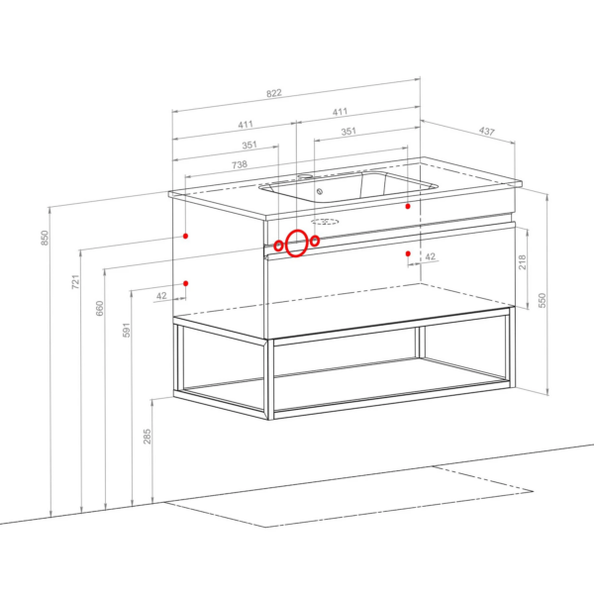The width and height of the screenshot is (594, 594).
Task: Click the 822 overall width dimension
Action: (274, 93)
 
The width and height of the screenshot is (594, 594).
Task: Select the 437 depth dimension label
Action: (487, 131)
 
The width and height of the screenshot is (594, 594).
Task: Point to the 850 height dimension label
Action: (45, 238)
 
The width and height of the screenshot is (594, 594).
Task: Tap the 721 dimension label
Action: (76, 282)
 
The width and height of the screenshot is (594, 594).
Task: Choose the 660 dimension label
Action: (99, 308)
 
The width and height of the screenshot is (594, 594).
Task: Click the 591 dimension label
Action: (127, 330)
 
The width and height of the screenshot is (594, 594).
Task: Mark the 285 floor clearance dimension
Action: (147, 437)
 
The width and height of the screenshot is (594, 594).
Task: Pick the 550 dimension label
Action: (543, 300)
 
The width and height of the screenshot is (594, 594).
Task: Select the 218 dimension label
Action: (522, 262)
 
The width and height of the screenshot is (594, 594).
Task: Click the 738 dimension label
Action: (240, 164)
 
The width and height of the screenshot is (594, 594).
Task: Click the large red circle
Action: (296, 244)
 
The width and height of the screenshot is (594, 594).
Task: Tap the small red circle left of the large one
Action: (278, 246)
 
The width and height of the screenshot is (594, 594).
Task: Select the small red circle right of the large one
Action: (315, 241)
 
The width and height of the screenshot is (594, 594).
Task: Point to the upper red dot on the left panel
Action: (186, 236)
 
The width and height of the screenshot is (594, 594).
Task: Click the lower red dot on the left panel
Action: (186, 283)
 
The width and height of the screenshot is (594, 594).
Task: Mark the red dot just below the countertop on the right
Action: (408, 207)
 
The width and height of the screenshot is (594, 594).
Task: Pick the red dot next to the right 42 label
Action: (408, 253)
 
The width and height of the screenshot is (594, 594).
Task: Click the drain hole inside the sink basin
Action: (320, 192)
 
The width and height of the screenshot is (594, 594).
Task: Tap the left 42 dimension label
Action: (161, 295)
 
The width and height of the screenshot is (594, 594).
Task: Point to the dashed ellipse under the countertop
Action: (325, 222)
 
